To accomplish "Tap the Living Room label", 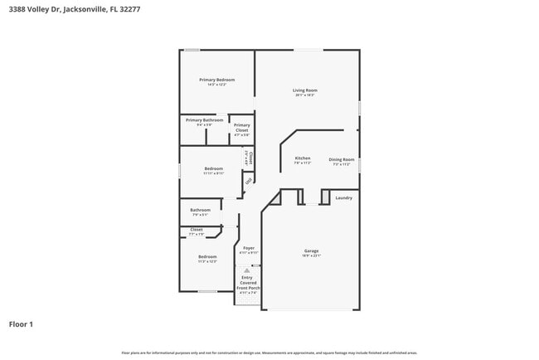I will click(x=304, y=90).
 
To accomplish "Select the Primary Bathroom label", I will click(x=204, y=120).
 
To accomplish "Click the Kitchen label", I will click(x=303, y=158).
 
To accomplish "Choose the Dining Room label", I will click(x=342, y=159).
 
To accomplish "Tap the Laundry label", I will click(x=343, y=197).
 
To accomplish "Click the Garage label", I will click(x=311, y=251).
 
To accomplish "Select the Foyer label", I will click(x=249, y=248).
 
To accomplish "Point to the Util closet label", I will click(x=248, y=180).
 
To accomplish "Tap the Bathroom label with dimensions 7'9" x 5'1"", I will click(x=201, y=210).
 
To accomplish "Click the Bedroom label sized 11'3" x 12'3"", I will click(x=207, y=257).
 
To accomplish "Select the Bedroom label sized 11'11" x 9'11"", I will click(x=213, y=168).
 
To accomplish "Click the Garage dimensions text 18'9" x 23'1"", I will click(x=311, y=255).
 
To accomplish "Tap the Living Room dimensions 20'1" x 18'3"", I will click(x=304, y=95).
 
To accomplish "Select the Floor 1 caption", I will click(x=21, y=324).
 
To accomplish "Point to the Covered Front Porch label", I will click(x=248, y=285).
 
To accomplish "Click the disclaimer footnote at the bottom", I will click(x=269, y=353).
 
